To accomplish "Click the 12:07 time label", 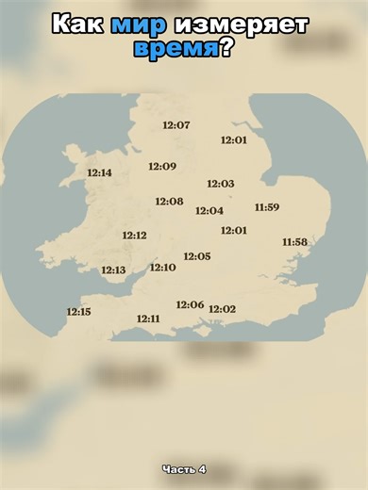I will pos(176,125).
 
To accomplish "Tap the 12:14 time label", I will pos(99,172).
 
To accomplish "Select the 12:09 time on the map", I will pos(162,167).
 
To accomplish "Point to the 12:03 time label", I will pos(221,184).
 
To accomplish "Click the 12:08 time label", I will pos(169,202).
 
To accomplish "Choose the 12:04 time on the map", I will pos(209,211).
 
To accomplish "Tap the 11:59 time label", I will pos(267,207).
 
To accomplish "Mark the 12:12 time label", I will pos(134,236).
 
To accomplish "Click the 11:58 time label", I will pos(294,242).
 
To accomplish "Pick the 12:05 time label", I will pos(197,256).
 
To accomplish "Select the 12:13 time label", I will pos(113,270).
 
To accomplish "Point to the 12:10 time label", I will pos(162,268).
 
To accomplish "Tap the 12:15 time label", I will pos(78,312).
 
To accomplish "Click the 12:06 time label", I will pos(190,304).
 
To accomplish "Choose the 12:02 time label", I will pos(222,309).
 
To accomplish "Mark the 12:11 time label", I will pos(148,318).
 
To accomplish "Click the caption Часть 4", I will pos(184,469).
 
